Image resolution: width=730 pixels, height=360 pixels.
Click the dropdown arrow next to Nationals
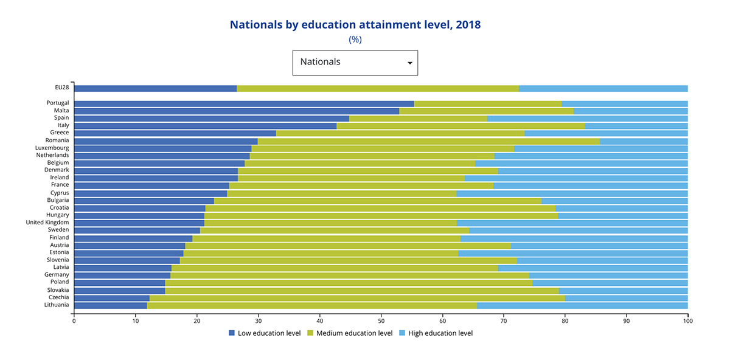click(409, 63)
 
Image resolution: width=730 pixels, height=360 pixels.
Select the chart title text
click(355, 25)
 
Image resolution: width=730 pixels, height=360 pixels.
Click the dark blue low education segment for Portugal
click(243, 103)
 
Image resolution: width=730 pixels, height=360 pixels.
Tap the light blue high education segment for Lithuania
click(582, 305)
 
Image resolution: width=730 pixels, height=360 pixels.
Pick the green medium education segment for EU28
click(377, 88)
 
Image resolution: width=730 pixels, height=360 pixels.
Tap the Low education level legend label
click(268, 333)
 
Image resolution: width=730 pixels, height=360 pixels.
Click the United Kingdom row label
click(47, 223)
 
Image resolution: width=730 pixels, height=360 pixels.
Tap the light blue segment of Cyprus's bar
click(572, 193)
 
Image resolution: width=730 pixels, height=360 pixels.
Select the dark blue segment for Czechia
click(111, 298)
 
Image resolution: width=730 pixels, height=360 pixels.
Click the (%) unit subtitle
click(355, 40)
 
